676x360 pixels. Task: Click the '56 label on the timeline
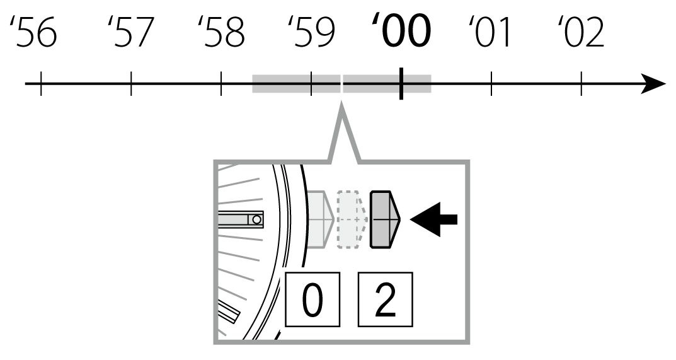coord(35,33)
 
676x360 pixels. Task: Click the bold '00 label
coord(401,32)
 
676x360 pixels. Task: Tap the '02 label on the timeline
coord(581,33)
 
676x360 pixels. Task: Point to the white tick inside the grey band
coord(341,84)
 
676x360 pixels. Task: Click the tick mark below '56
coord(41,84)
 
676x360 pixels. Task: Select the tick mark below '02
coord(581,84)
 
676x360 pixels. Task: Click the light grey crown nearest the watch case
coord(320,218)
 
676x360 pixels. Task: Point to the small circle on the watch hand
coord(256,219)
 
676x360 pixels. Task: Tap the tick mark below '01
coord(491,84)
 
